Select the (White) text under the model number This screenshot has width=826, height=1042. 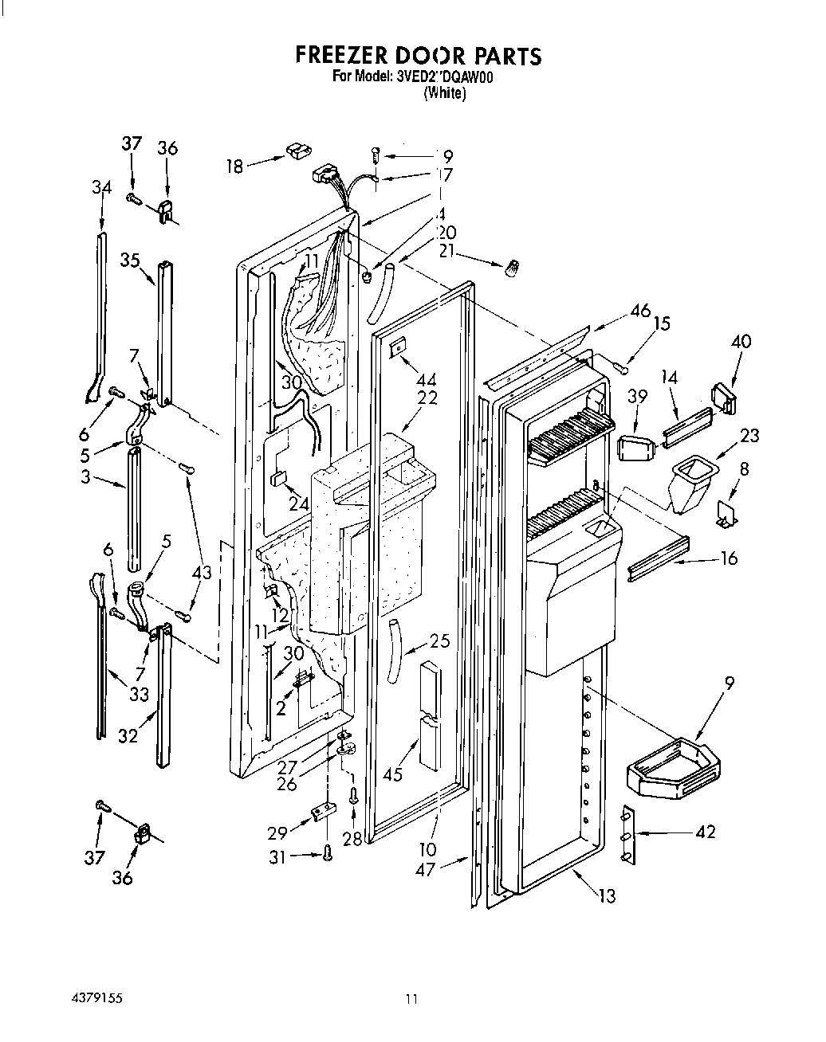[x=444, y=92]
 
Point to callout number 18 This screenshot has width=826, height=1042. [x=234, y=166]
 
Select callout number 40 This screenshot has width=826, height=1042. [x=741, y=342]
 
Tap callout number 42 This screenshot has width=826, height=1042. [x=705, y=832]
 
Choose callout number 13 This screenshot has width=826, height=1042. [x=607, y=895]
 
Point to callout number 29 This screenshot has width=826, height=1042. [x=277, y=834]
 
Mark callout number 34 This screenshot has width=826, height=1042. [x=101, y=187]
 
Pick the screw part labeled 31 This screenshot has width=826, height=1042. [x=327, y=853]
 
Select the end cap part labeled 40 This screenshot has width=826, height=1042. [x=724, y=398]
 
